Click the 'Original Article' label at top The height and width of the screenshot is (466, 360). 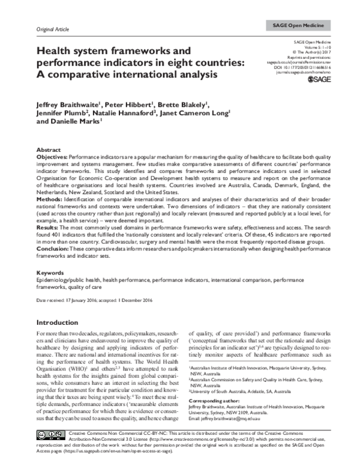(x=53, y=29)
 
